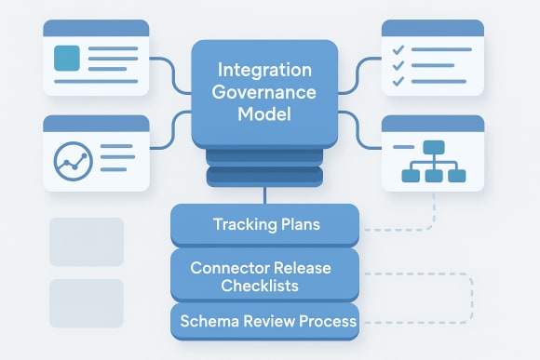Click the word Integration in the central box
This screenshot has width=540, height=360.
(264, 70)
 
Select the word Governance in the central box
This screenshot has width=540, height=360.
(264, 92)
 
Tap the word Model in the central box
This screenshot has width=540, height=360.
(264, 115)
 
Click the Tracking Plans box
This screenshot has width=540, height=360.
(264, 224)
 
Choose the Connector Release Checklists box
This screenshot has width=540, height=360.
(264, 276)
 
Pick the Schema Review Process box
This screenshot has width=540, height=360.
(264, 321)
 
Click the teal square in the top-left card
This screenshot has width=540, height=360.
(68, 59)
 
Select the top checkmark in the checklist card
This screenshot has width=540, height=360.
(398, 48)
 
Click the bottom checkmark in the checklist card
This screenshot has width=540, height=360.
(398, 81)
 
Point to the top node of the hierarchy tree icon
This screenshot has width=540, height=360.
(435, 147)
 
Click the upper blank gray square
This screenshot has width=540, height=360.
(87, 240)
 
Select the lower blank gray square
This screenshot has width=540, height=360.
(87, 302)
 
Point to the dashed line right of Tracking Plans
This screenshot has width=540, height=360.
(396, 228)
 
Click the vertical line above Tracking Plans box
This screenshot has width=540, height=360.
(264, 194)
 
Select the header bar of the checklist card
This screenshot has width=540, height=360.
(433, 28)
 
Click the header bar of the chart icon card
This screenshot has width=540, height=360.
(96, 123)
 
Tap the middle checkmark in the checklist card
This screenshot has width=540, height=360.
(398, 65)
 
